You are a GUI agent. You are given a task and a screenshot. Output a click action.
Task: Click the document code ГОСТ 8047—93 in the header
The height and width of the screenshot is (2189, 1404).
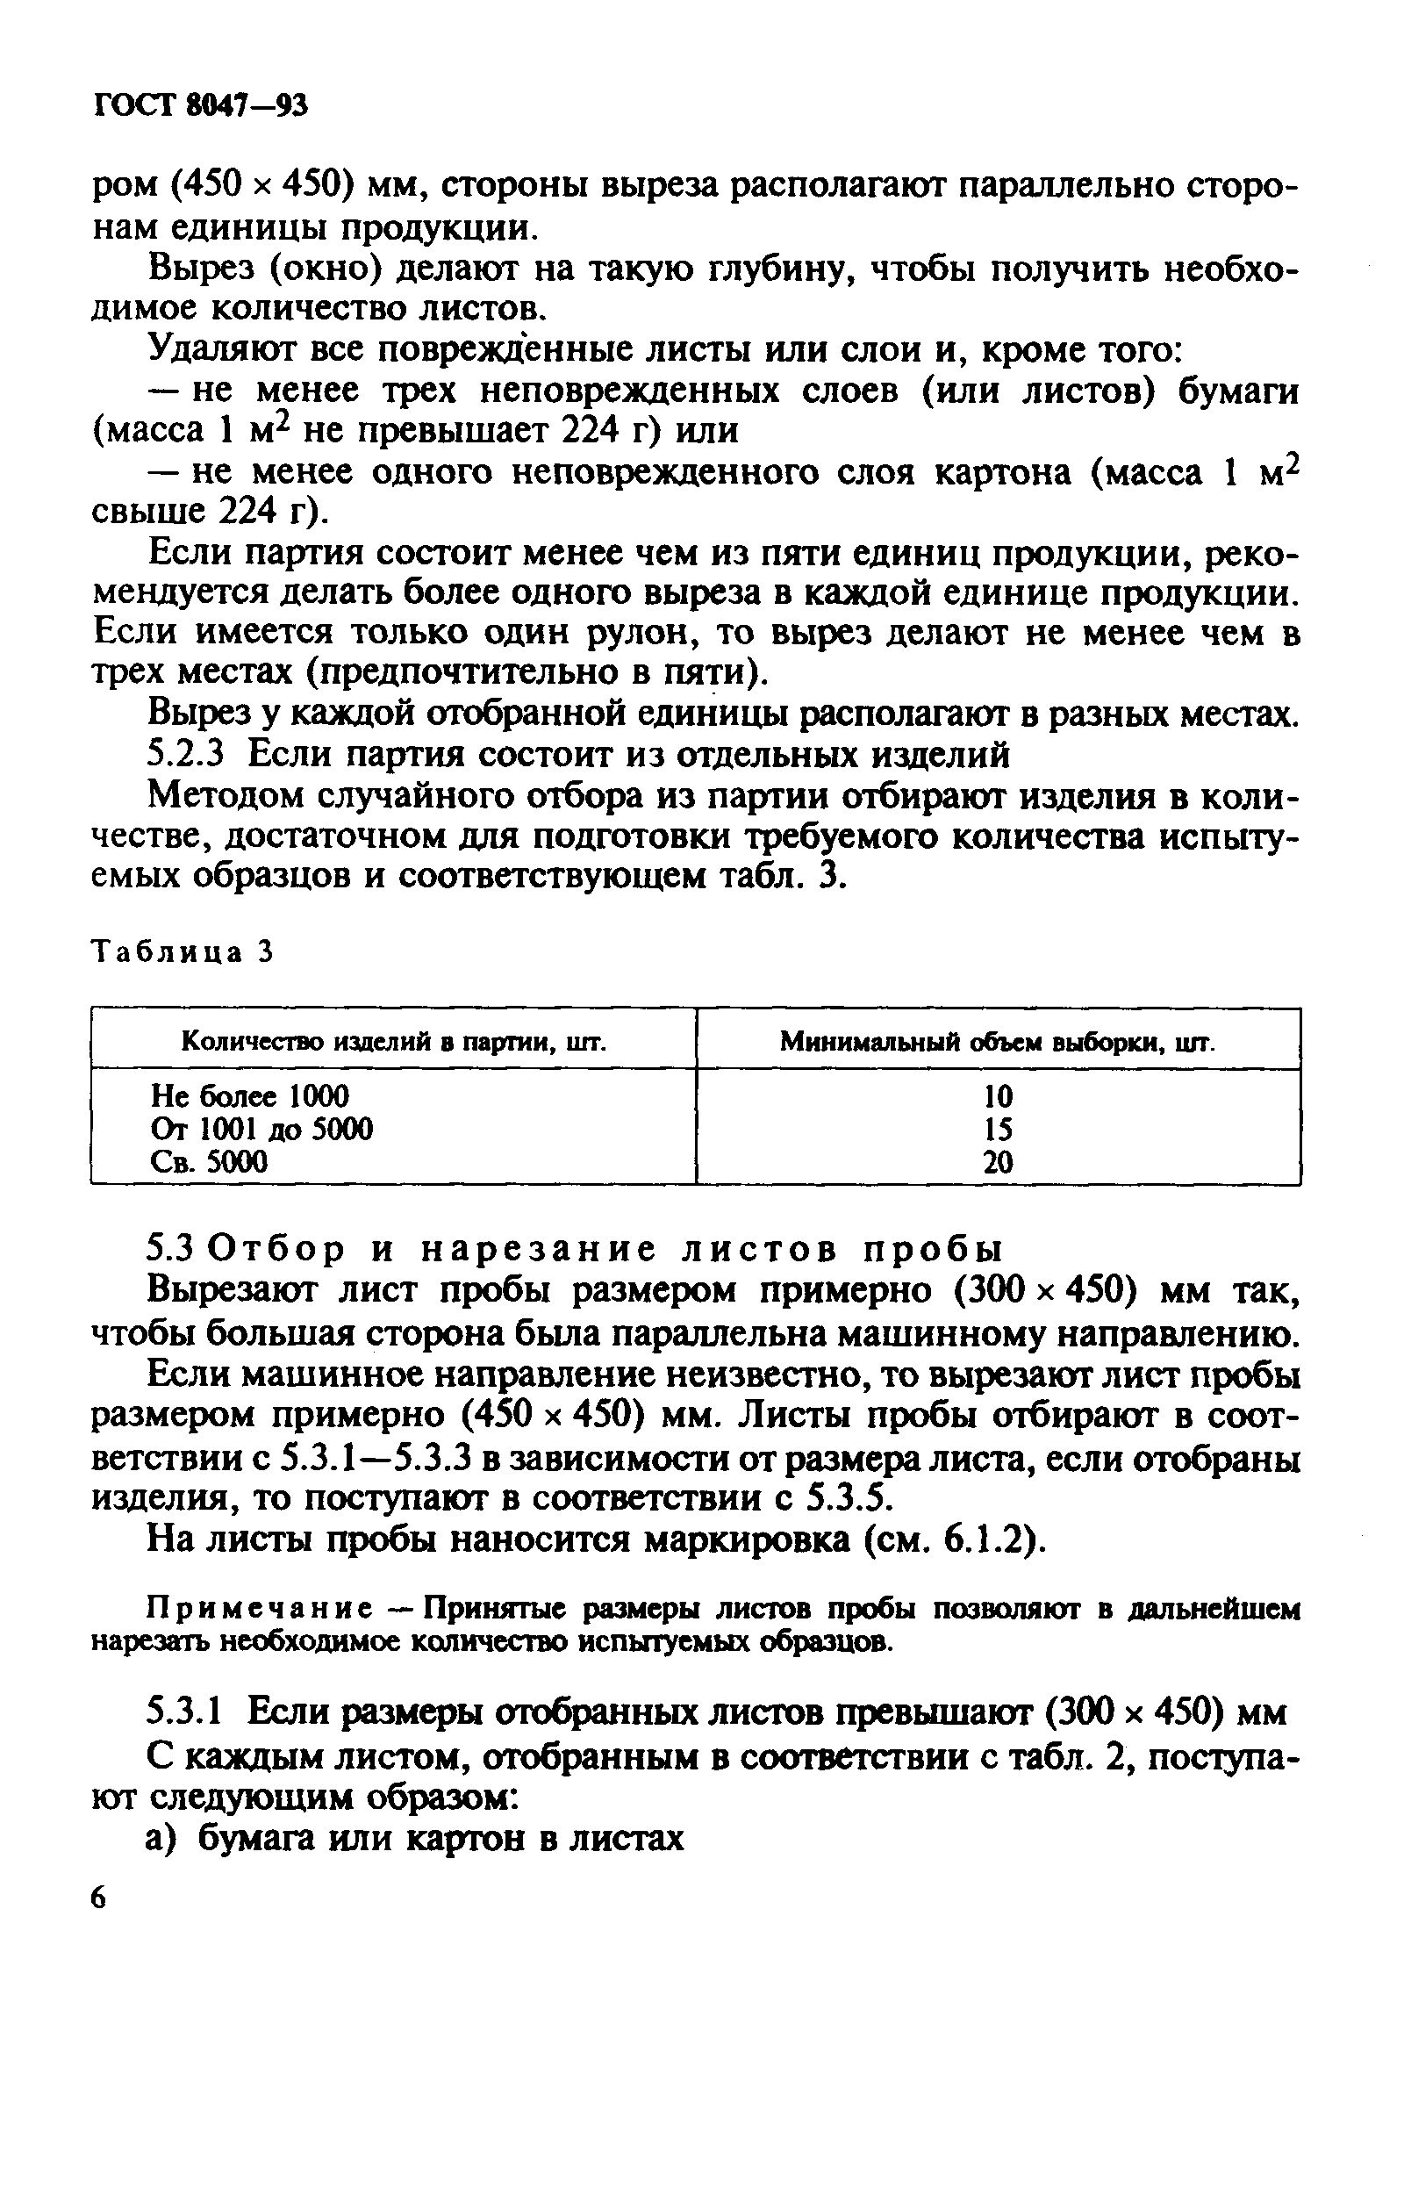202,107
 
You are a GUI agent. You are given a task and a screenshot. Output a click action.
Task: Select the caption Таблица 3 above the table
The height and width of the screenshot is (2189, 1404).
183,952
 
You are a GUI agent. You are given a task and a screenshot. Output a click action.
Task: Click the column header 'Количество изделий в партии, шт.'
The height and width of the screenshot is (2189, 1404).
394,1040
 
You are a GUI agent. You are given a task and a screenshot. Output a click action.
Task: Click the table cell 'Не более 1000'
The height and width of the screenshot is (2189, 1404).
250,1095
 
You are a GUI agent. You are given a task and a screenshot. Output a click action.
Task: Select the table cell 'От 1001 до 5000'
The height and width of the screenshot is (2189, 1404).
261,1129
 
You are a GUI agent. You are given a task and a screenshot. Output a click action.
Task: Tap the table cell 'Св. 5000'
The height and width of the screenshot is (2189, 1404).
210,1161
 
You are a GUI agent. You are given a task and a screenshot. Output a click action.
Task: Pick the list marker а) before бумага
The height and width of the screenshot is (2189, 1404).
166,1838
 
